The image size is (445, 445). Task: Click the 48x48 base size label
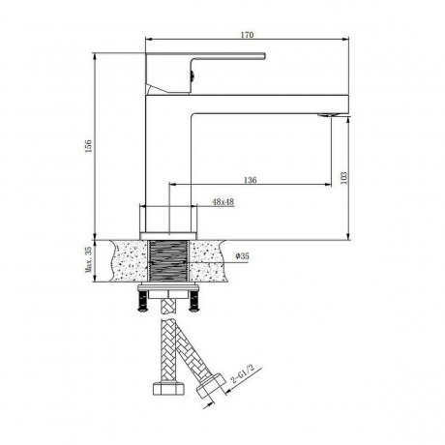pyautogui.click(x=223, y=202)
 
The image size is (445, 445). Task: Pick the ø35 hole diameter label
pyautogui.click(x=243, y=255)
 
